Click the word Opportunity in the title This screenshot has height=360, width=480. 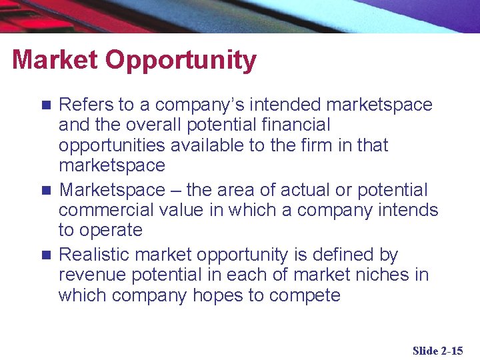[x=181, y=61]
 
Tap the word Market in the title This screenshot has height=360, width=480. [x=55, y=60]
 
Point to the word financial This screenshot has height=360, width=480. [x=295, y=125]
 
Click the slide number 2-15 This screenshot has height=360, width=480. [x=451, y=351]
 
